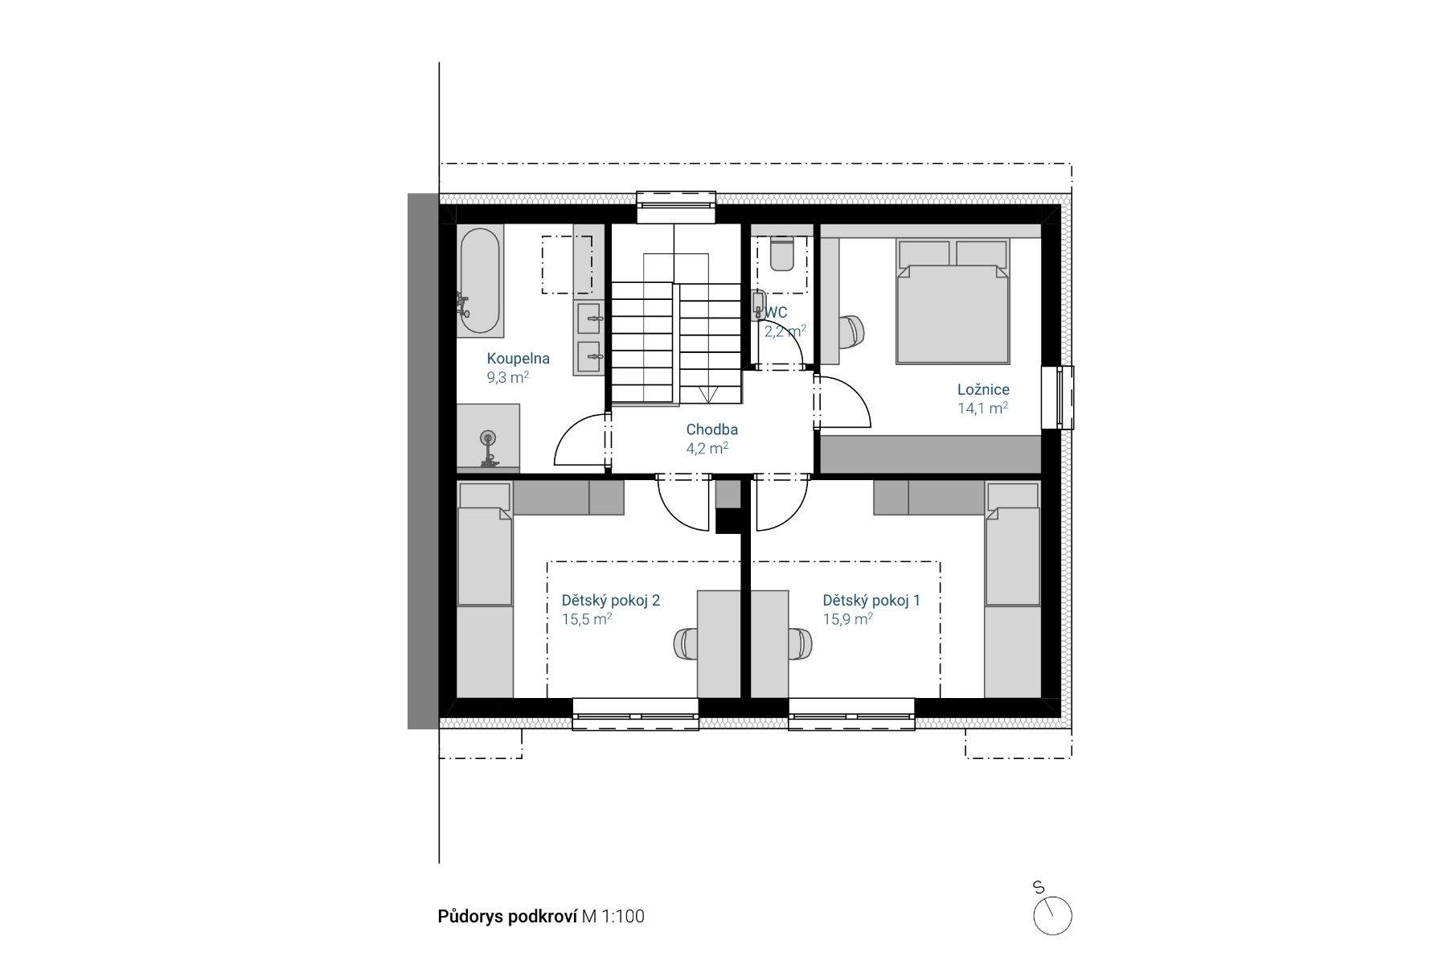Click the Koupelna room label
(518, 359)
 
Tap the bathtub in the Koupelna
(480, 281)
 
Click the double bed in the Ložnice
(952, 302)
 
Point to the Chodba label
(711, 429)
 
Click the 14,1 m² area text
(982, 408)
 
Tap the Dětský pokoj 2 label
(610, 601)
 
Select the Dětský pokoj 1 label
(871, 601)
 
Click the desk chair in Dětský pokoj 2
(685, 644)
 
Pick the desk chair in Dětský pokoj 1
(801, 644)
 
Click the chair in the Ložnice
(851, 332)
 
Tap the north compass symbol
(1052, 915)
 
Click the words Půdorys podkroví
(507, 917)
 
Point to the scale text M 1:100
(613, 917)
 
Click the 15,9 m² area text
(847, 619)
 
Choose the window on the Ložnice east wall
(1057, 397)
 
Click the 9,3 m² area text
(507, 377)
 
